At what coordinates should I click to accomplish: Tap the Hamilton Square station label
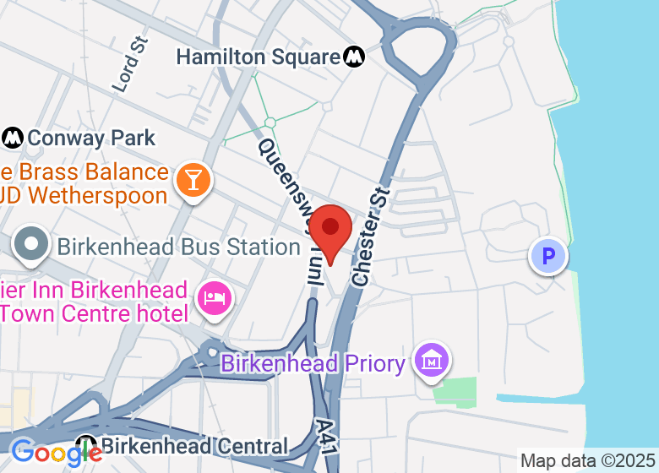point(258,57)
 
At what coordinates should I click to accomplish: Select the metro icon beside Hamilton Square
point(355,57)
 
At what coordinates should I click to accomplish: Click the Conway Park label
point(91,138)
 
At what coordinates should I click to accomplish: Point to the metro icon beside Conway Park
point(13,137)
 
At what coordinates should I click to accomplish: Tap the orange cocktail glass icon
point(193,179)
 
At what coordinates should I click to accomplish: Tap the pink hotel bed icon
point(214,298)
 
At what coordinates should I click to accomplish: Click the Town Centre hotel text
point(94,313)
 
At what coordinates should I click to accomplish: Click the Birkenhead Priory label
point(313,363)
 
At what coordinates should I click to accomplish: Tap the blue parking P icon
point(548,255)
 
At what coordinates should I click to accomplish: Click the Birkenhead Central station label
point(194,445)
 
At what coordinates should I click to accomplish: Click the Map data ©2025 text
point(587,461)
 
